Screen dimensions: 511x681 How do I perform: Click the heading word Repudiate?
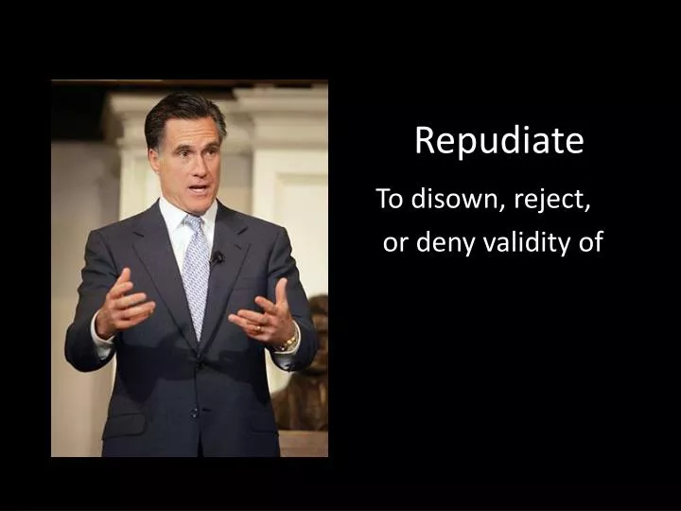498,141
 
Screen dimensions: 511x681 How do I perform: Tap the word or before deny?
394,244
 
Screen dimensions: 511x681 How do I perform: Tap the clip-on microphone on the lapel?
218,256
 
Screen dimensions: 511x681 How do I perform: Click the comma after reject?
589,207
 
